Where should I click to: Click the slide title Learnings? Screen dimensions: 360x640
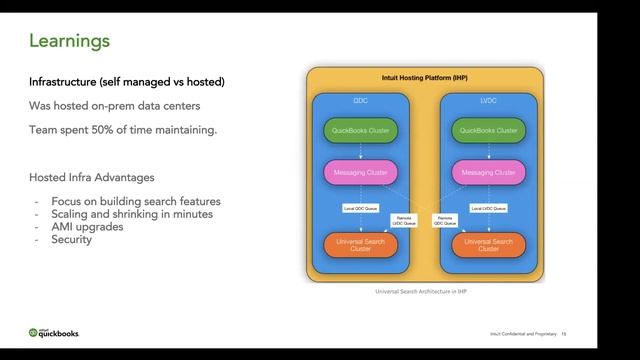pos(69,41)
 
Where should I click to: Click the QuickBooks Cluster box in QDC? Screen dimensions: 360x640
pos(361,131)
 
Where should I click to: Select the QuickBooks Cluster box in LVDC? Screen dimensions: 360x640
pos(488,131)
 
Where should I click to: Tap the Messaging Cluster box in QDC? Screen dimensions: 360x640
pos(361,172)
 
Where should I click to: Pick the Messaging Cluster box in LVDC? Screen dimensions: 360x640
pos(488,172)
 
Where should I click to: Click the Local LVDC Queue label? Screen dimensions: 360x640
pos(488,208)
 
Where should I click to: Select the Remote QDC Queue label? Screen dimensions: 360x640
pos(444,220)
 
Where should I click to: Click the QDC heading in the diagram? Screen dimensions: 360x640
pos(361,101)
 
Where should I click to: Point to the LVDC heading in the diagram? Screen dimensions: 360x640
pos(488,101)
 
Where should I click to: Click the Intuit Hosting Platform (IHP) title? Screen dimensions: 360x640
pos(424,77)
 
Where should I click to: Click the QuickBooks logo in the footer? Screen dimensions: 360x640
pos(54,333)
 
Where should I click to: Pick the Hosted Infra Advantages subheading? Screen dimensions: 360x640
pos(91,176)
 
